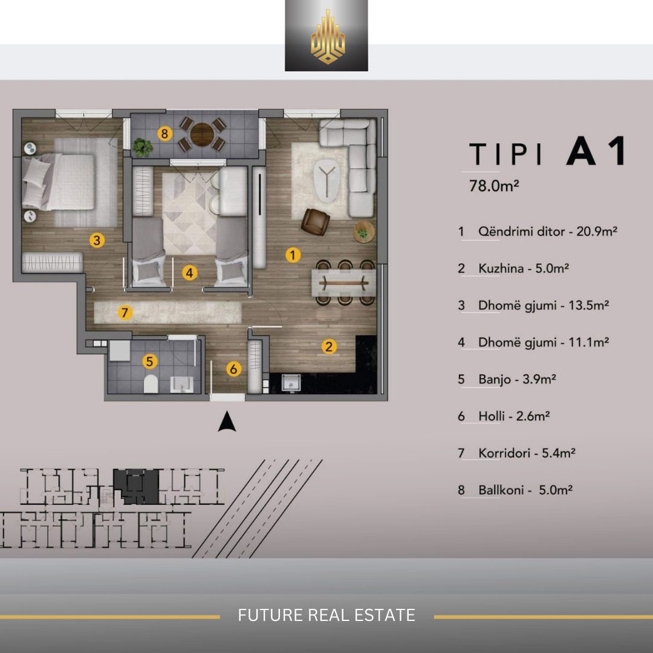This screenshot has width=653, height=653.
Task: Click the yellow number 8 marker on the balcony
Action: pyautogui.click(x=165, y=134)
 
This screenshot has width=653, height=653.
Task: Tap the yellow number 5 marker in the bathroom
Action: pyautogui.click(x=150, y=362)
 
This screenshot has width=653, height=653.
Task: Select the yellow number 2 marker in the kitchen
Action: pyautogui.click(x=329, y=346)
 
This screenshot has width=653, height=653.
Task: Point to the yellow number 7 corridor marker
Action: pyautogui.click(x=125, y=312)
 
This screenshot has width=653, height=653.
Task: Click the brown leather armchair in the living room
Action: pyautogui.click(x=315, y=221)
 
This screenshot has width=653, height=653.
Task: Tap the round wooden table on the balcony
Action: pyautogui.click(x=202, y=134)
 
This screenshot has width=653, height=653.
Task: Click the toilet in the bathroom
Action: pyautogui.click(x=151, y=384)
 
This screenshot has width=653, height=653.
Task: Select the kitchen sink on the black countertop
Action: pyautogui.click(x=291, y=382)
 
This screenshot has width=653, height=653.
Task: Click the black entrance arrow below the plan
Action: pyautogui.click(x=227, y=421)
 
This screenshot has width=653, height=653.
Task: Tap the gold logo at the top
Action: pyautogui.click(x=328, y=37)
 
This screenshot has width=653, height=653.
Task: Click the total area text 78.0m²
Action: pyautogui.click(x=494, y=186)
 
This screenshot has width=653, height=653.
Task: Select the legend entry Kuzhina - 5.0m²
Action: pyautogui.click(x=524, y=268)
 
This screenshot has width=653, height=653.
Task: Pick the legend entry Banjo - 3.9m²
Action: pyautogui.click(x=517, y=379)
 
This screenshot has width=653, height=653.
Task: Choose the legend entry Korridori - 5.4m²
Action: pyautogui.click(x=527, y=453)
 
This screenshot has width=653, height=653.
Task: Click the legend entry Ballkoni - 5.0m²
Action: pyautogui.click(x=525, y=490)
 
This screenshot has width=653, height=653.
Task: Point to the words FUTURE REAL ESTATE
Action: pyautogui.click(x=326, y=615)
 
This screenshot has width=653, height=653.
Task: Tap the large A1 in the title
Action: pyautogui.click(x=596, y=151)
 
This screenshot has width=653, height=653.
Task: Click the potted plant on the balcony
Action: pyautogui.click(x=143, y=148)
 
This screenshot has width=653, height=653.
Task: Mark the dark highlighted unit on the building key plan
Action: pyautogui.click(x=136, y=486)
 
